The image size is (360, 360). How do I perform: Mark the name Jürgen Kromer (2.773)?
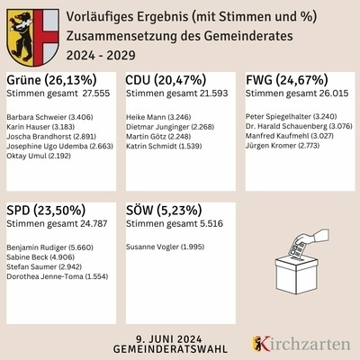point(283,143)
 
